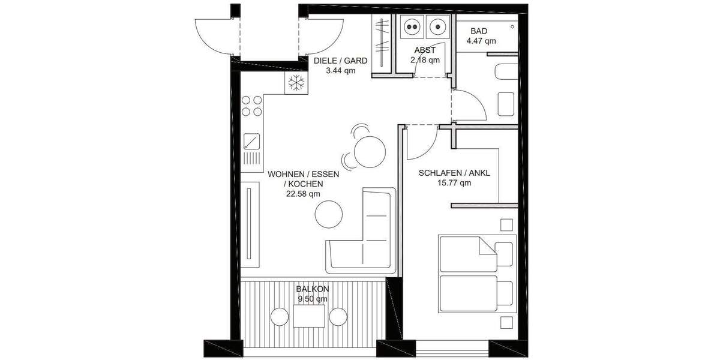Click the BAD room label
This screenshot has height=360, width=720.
tap(479, 31)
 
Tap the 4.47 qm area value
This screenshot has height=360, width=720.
tap(481, 41)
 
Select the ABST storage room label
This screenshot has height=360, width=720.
tap(425, 50)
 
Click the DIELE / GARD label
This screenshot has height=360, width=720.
tap(340, 60)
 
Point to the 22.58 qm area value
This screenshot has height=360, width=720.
tap(303, 194)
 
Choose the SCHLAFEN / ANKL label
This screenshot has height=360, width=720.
tap(454, 173)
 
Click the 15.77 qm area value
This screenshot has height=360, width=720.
tap(454, 183)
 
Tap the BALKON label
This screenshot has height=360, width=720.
tap(313, 289)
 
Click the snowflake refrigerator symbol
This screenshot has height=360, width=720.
tap(295, 83)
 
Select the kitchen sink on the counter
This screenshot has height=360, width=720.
tap(253, 142)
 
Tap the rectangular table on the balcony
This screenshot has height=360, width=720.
tap(309, 316)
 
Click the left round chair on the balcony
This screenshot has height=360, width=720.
tap(280, 316)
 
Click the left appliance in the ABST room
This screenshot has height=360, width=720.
tap(412, 26)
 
